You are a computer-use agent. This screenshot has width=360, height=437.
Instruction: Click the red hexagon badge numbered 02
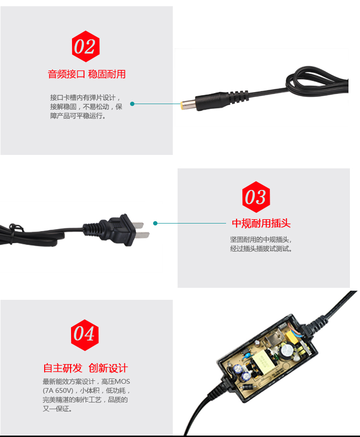coord(85,47)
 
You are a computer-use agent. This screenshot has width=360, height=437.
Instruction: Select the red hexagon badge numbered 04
coord(85,334)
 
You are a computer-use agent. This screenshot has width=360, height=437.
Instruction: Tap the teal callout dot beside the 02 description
coord(132,104)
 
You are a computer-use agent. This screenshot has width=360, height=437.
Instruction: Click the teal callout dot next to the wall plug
coord(155,223)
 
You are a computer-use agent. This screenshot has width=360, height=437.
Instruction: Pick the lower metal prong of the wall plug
coord(142,236)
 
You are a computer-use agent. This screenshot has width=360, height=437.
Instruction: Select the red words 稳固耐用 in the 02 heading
coord(107,74)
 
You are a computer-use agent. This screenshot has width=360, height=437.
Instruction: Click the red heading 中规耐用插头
coord(261,224)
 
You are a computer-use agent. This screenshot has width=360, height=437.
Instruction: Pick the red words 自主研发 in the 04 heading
coord(63,368)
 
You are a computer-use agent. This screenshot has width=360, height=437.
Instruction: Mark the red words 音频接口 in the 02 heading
coord(66,74)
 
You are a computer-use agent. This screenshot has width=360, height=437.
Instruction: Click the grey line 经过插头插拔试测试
coord(261,249)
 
